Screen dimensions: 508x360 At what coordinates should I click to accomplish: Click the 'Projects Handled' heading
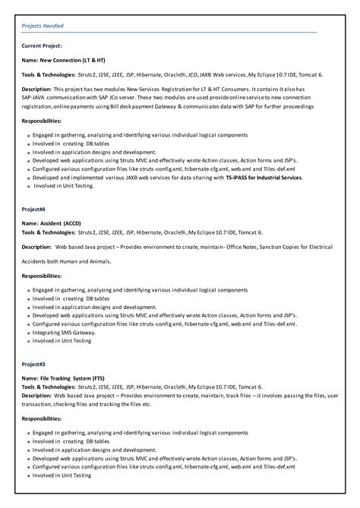tap(43, 26)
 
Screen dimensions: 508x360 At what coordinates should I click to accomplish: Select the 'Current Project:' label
tap(43, 46)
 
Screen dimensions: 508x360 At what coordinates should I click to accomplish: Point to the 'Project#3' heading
tap(35, 364)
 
